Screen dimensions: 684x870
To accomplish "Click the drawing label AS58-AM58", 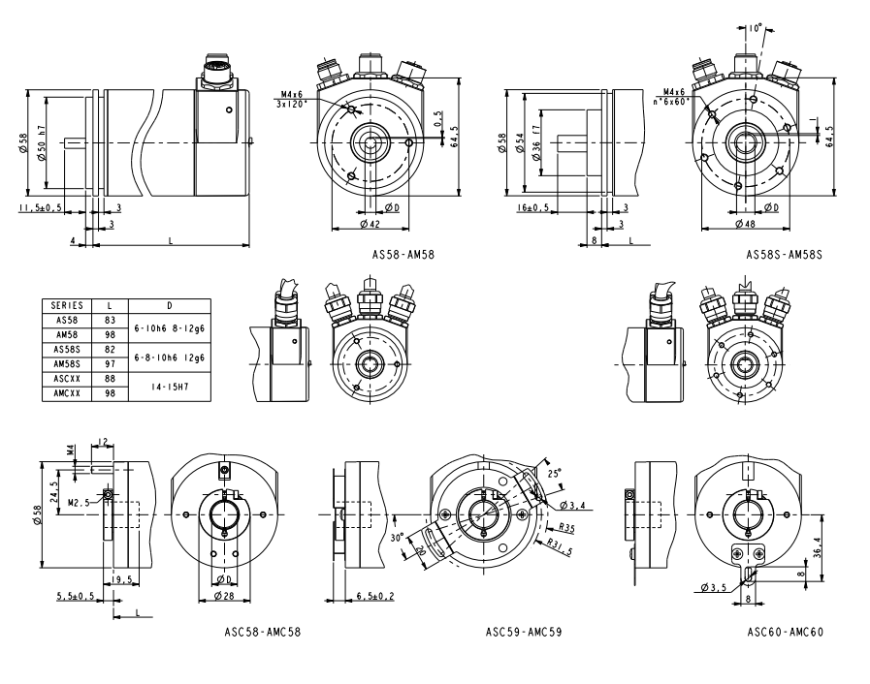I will coord(403,256).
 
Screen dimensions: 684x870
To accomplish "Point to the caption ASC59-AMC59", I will coord(524,631).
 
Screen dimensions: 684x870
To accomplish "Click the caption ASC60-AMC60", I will coord(785,631).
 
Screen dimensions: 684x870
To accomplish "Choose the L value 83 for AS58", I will coord(109,318).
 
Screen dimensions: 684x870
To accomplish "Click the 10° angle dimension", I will coord(756,29).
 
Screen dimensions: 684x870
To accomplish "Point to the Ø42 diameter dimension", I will coord(369,225).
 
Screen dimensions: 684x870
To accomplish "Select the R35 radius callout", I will coord(569,528).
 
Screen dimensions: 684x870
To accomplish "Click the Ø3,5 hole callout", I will coord(712,587).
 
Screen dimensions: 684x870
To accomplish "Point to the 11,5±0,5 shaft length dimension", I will coord(41,207).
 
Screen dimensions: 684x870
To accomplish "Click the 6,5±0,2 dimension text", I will coord(375,595).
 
